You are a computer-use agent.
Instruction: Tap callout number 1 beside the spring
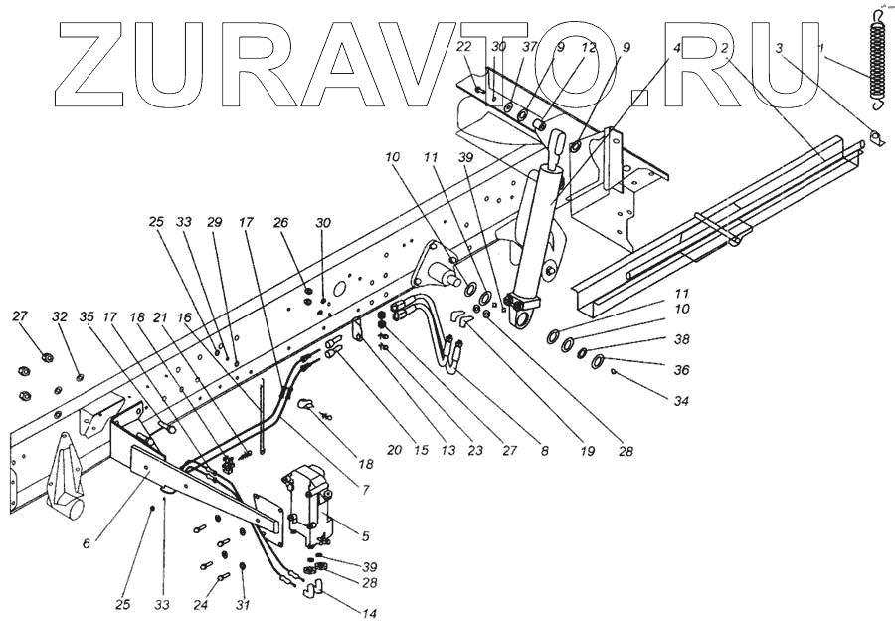point(820,47)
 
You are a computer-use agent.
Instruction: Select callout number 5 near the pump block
point(365,536)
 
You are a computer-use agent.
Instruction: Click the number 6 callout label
point(87,543)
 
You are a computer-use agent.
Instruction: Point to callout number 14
point(369,613)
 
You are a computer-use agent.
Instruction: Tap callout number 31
point(243,604)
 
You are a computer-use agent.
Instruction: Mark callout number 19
point(588,451)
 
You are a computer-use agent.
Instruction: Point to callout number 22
point(465,47)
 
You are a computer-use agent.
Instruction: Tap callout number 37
point(529,47)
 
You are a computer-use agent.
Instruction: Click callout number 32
point(60,316)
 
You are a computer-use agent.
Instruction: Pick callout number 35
point(87,316)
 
